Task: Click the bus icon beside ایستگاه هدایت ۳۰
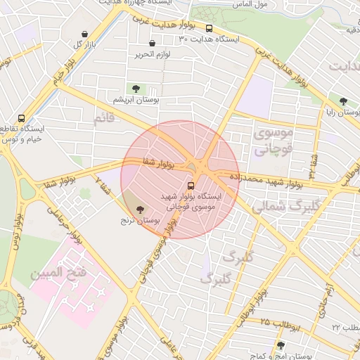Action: click(209, 29)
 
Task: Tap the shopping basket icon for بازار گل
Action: click(85, 34)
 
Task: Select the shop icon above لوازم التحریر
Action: click(153, 44)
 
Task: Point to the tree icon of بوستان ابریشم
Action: click(135, 89)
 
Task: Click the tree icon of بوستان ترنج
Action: click(139, 209)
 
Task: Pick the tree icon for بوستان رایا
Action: click(343, 101)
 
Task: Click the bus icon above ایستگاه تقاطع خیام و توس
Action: click(21, 118)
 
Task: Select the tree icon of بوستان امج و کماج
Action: click(281, 345)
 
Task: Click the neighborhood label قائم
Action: click(103, 120)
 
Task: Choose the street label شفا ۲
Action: click(103, 186)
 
